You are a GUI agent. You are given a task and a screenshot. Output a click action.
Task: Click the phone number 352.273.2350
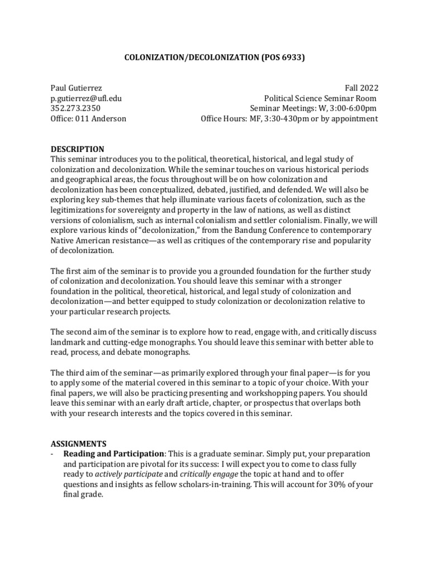pos(76,108)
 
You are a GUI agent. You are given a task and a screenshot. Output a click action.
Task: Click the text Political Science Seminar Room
pos(321,98)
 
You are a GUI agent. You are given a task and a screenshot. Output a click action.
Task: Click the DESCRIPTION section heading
pos(77,149)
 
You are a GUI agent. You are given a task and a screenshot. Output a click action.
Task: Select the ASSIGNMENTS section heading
pos(78,444)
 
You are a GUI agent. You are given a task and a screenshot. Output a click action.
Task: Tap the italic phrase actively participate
pos(130,474)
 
